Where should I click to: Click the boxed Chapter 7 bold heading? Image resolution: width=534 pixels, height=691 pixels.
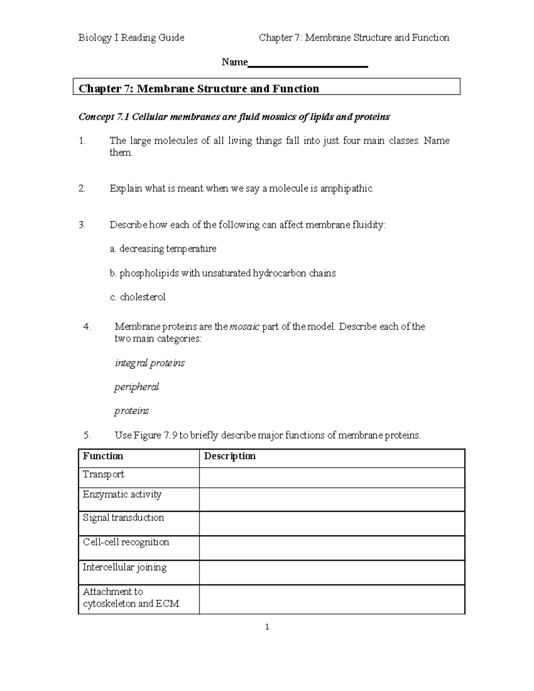[x=199, y=89]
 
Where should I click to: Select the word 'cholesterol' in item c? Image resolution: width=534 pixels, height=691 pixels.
[x=142, y=297]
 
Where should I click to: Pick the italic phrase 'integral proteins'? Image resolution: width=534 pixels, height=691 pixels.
[x=150, y=363]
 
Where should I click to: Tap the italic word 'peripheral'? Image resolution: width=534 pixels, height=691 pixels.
[x=136, y=387]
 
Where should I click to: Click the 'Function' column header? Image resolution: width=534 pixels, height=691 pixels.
[x=103, y=457]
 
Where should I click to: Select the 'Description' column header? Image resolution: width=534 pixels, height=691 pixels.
[x=230, y=457]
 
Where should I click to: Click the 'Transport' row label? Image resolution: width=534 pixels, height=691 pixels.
[x=103, y=474]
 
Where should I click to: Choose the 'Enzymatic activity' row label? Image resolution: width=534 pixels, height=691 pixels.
[x=122, y=494]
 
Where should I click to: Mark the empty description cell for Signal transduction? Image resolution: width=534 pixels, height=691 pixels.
[x=332, y=523]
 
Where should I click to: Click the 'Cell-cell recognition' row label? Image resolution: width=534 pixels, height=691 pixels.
[x=126, y=542]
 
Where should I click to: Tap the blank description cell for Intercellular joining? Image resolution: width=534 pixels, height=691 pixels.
[x=332, y=572]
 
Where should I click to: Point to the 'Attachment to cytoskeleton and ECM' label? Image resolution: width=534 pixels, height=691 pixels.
[x=131, y=598]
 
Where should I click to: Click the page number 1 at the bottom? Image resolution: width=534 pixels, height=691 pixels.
[x=267, y=627]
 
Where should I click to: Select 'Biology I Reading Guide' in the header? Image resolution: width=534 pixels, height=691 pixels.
[x=131, y=38]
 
